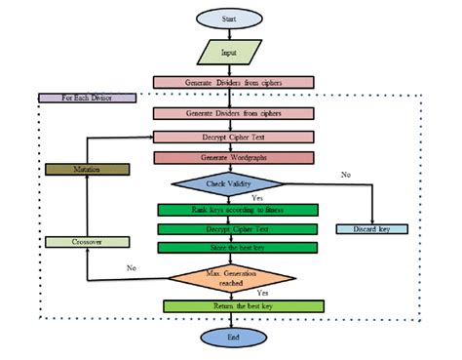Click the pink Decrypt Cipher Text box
click(233, 136)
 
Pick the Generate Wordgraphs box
click(233, 158)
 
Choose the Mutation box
click(87, 169)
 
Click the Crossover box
click(87, 242)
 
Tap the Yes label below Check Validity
click(257, 197)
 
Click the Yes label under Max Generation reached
click(262, 292)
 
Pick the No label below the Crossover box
click(132, 267)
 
